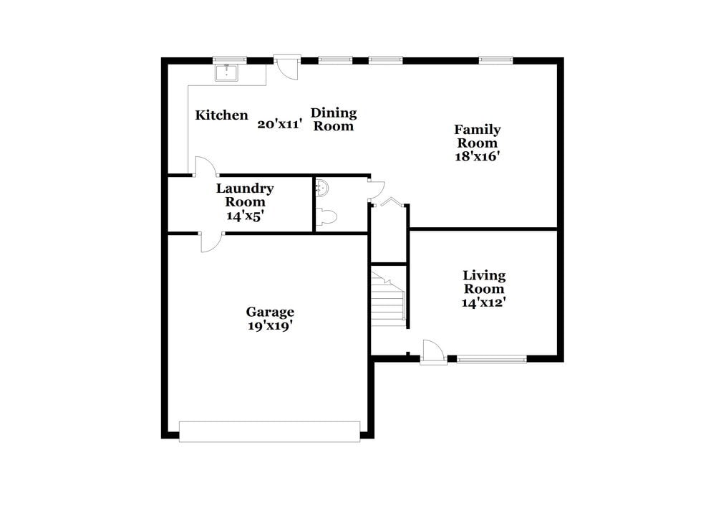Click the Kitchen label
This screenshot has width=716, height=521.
pos(222,115)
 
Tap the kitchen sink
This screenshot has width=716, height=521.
pos(227,72)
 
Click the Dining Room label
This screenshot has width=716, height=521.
pos(334,120)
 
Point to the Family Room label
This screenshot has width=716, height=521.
pos(477,136)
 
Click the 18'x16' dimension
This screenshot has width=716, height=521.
pos(477,156)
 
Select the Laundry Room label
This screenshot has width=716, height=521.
pos(245,195)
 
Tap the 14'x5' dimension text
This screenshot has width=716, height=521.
pos(245,215)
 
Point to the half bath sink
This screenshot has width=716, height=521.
pos(322,188)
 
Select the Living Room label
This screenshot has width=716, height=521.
pos(484,282)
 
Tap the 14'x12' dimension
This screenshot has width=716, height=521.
pos(484,302)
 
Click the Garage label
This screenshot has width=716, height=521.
pos(270,312)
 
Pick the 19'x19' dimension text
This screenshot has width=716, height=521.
pos(270,326)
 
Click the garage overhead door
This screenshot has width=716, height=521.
pos(269,431)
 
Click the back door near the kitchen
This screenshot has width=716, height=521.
pos(286,67)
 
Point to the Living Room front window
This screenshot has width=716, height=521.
pos(492,359)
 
